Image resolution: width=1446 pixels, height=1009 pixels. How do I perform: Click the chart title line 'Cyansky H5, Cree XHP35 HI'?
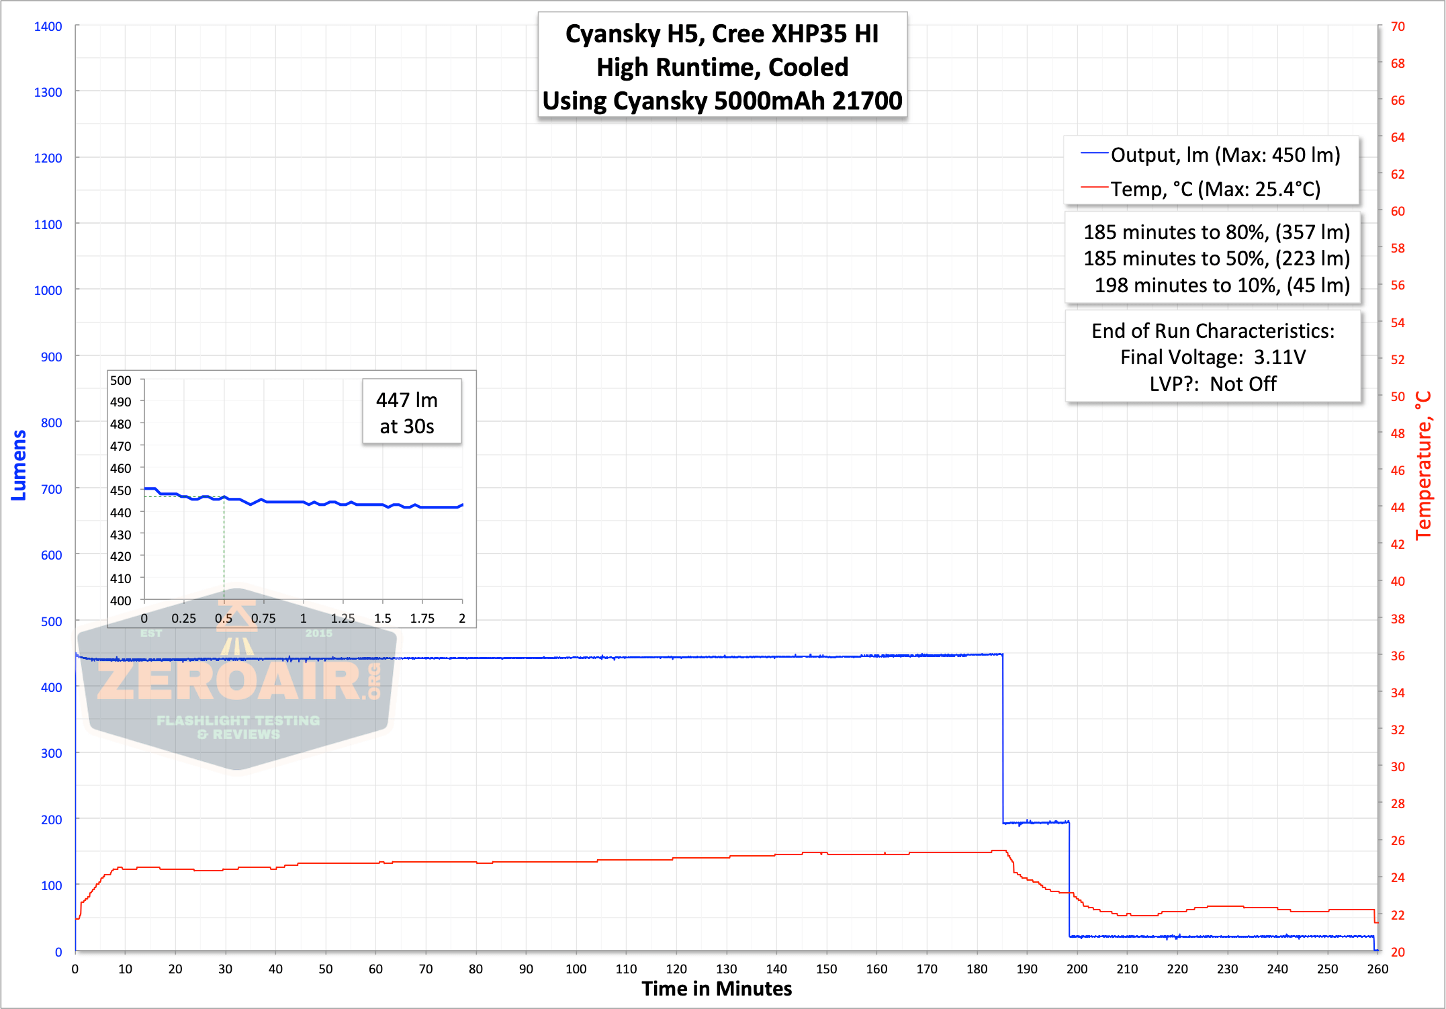point(722,34)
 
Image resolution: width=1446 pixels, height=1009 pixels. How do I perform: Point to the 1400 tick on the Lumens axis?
point(48,26)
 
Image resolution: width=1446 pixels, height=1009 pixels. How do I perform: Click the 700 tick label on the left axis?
point(51,489)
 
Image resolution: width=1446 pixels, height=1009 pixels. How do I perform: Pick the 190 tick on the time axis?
point(1027,969)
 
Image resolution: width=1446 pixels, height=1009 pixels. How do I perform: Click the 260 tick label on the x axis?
point(1377,969)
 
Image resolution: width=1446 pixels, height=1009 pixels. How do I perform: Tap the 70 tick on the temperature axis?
point(1398,26)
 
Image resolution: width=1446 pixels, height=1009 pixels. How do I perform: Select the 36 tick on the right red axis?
point(1398,656)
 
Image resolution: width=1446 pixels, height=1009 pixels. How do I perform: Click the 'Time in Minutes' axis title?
point(717,989)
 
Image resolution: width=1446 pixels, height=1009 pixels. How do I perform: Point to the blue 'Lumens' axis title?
point(19,465)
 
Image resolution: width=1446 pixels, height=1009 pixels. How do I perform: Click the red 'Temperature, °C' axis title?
point(1424,466)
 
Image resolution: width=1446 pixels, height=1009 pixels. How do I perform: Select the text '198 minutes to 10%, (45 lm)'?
point(1222,286)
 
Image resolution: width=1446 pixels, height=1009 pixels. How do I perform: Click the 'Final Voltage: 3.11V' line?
point(1213,357)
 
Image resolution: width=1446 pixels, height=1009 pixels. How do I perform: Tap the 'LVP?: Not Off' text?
point(1213,384)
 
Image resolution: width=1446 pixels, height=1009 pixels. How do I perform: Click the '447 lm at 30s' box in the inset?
point(412,412)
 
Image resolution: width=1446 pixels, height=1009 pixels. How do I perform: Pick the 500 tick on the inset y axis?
point(121,380)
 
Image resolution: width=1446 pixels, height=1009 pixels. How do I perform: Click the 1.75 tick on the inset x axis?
point(422,618)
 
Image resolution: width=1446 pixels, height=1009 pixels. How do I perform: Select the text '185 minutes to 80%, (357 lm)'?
point(1216,232)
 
